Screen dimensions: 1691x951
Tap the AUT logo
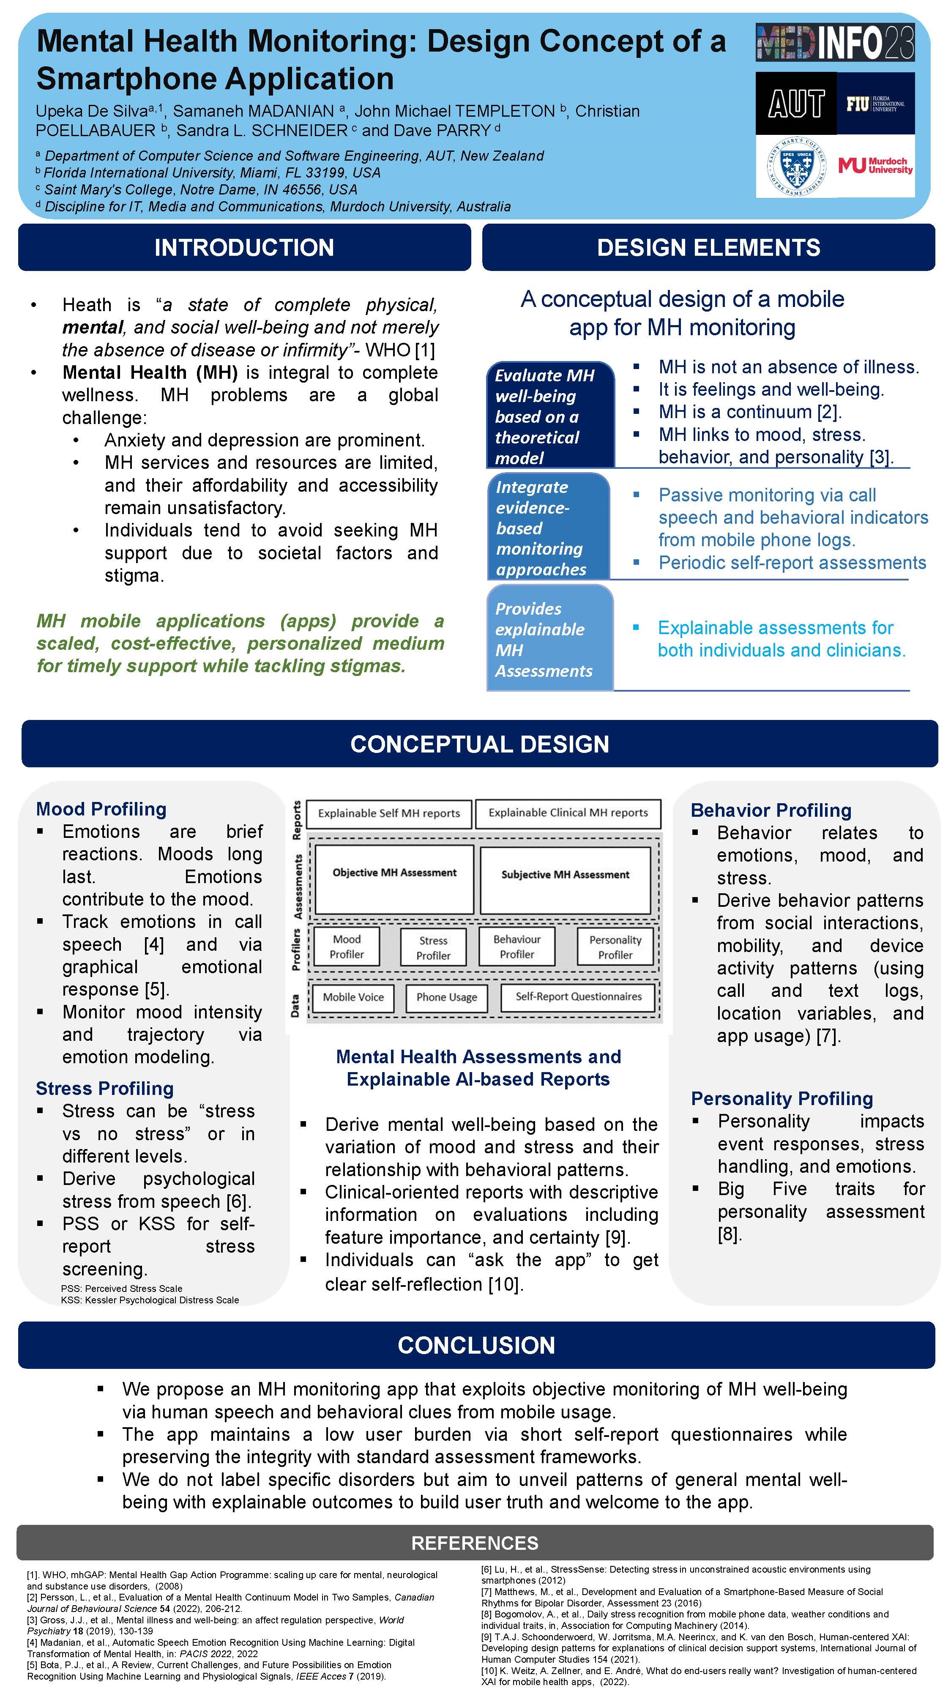(796, 104)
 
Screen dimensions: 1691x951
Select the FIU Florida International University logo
(875, 104)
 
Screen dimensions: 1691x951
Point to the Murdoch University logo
(875, 165)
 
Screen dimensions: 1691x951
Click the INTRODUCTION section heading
(244, 247)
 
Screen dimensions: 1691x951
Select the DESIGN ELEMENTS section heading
(708, 247)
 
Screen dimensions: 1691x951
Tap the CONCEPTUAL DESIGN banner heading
(480, 744)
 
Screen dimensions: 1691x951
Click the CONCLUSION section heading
(476, 1345)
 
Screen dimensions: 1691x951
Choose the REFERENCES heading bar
(475, 1543)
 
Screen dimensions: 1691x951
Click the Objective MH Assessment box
(394, 879)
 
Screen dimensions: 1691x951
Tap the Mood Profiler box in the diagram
(347, 947)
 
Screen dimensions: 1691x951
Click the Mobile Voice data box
(353, 997)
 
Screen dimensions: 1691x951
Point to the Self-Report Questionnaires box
(578, 996)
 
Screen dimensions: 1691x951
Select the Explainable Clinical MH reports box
(568, 813)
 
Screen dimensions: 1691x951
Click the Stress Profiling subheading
(105, 1089)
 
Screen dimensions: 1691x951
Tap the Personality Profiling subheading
(782, 1098)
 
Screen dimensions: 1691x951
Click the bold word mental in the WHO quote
(93, 328)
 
